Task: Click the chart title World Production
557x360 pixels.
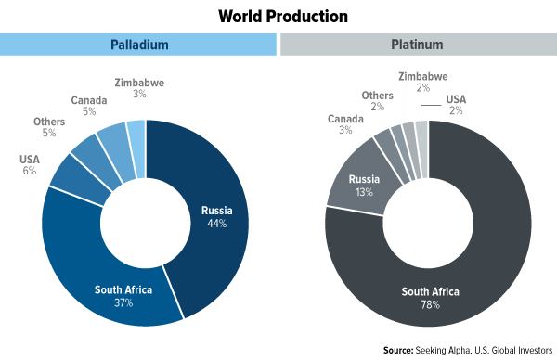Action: tap(278, 16)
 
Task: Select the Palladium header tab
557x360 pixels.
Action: tap(138, 45)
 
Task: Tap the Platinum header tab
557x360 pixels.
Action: tap(418, 45)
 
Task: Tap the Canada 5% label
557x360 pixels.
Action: tap(88, 104)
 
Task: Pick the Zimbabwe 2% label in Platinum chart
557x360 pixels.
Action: tap(423, 82)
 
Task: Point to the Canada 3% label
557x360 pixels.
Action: tap(343, 124)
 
